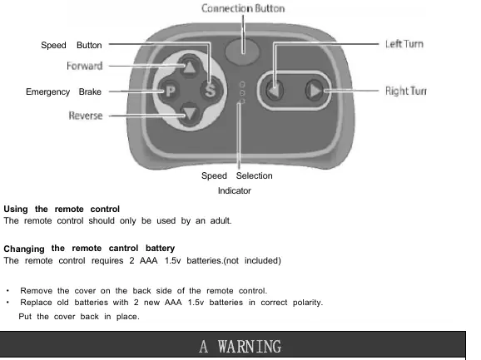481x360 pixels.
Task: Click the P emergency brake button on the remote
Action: [x=171, y=91]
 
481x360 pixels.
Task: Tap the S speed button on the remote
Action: [x=211, y=91]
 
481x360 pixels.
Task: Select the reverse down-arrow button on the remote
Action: [x=190, y=114]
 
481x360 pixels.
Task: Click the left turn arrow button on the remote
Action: [x=275, y=91]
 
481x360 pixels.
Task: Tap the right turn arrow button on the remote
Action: [x=315, y=91]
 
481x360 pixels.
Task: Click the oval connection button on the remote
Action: [x=242, y=51]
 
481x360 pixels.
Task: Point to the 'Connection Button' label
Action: [x=243, y=8]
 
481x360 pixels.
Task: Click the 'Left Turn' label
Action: [x=404, y=44]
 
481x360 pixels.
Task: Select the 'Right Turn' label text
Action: [x=406, y=91]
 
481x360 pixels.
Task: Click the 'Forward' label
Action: [x=85, y=66]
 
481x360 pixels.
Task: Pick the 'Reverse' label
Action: [x=86, y=116]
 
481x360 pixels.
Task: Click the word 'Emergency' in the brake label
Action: [x=48, y=92]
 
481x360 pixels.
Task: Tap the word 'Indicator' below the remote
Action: [x=235, y=190]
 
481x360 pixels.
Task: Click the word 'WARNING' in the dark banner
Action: [x=250, y=347]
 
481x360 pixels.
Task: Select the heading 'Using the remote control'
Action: [x=62, y=209]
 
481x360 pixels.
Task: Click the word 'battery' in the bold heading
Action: [x=160, y=248]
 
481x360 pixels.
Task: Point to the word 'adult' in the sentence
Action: [x=220, y=220]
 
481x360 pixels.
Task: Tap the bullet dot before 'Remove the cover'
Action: [x=7, y=290]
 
